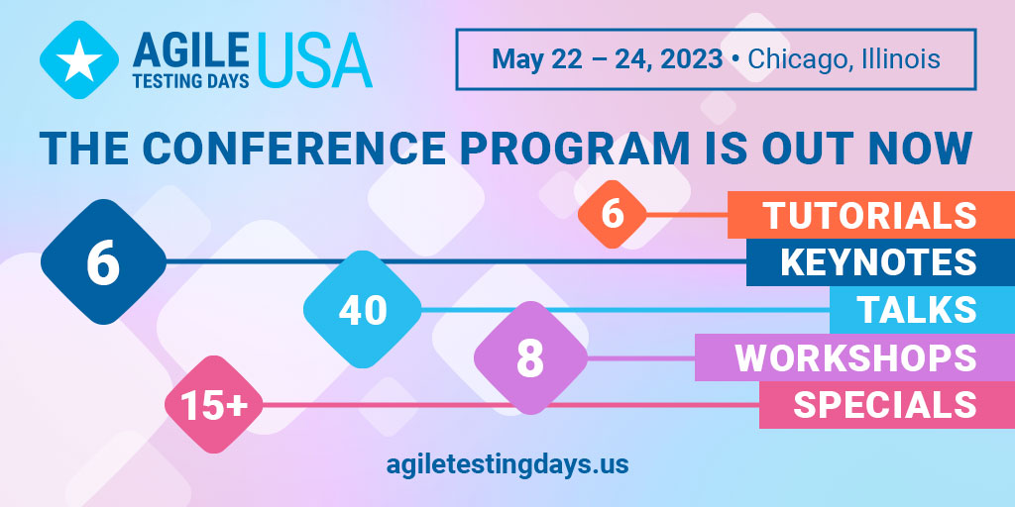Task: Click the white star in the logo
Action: point(79,60)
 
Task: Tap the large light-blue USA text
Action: point(314,59)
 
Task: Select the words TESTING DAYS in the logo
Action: point(191,79)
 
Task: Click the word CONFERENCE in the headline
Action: point(293,149)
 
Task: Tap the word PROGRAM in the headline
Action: point(575,149)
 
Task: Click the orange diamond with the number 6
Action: point(612,214)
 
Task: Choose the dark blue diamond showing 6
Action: point(103,261)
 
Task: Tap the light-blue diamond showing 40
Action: point(363,309)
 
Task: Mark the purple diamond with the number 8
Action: point(530,357)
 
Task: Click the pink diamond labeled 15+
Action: point(214,405)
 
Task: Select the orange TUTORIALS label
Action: point(871,215)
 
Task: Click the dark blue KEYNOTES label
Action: point(880,261)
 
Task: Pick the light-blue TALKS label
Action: point(923,310)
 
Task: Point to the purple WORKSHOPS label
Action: point(854,356)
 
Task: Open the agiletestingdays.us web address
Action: point(507,463)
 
